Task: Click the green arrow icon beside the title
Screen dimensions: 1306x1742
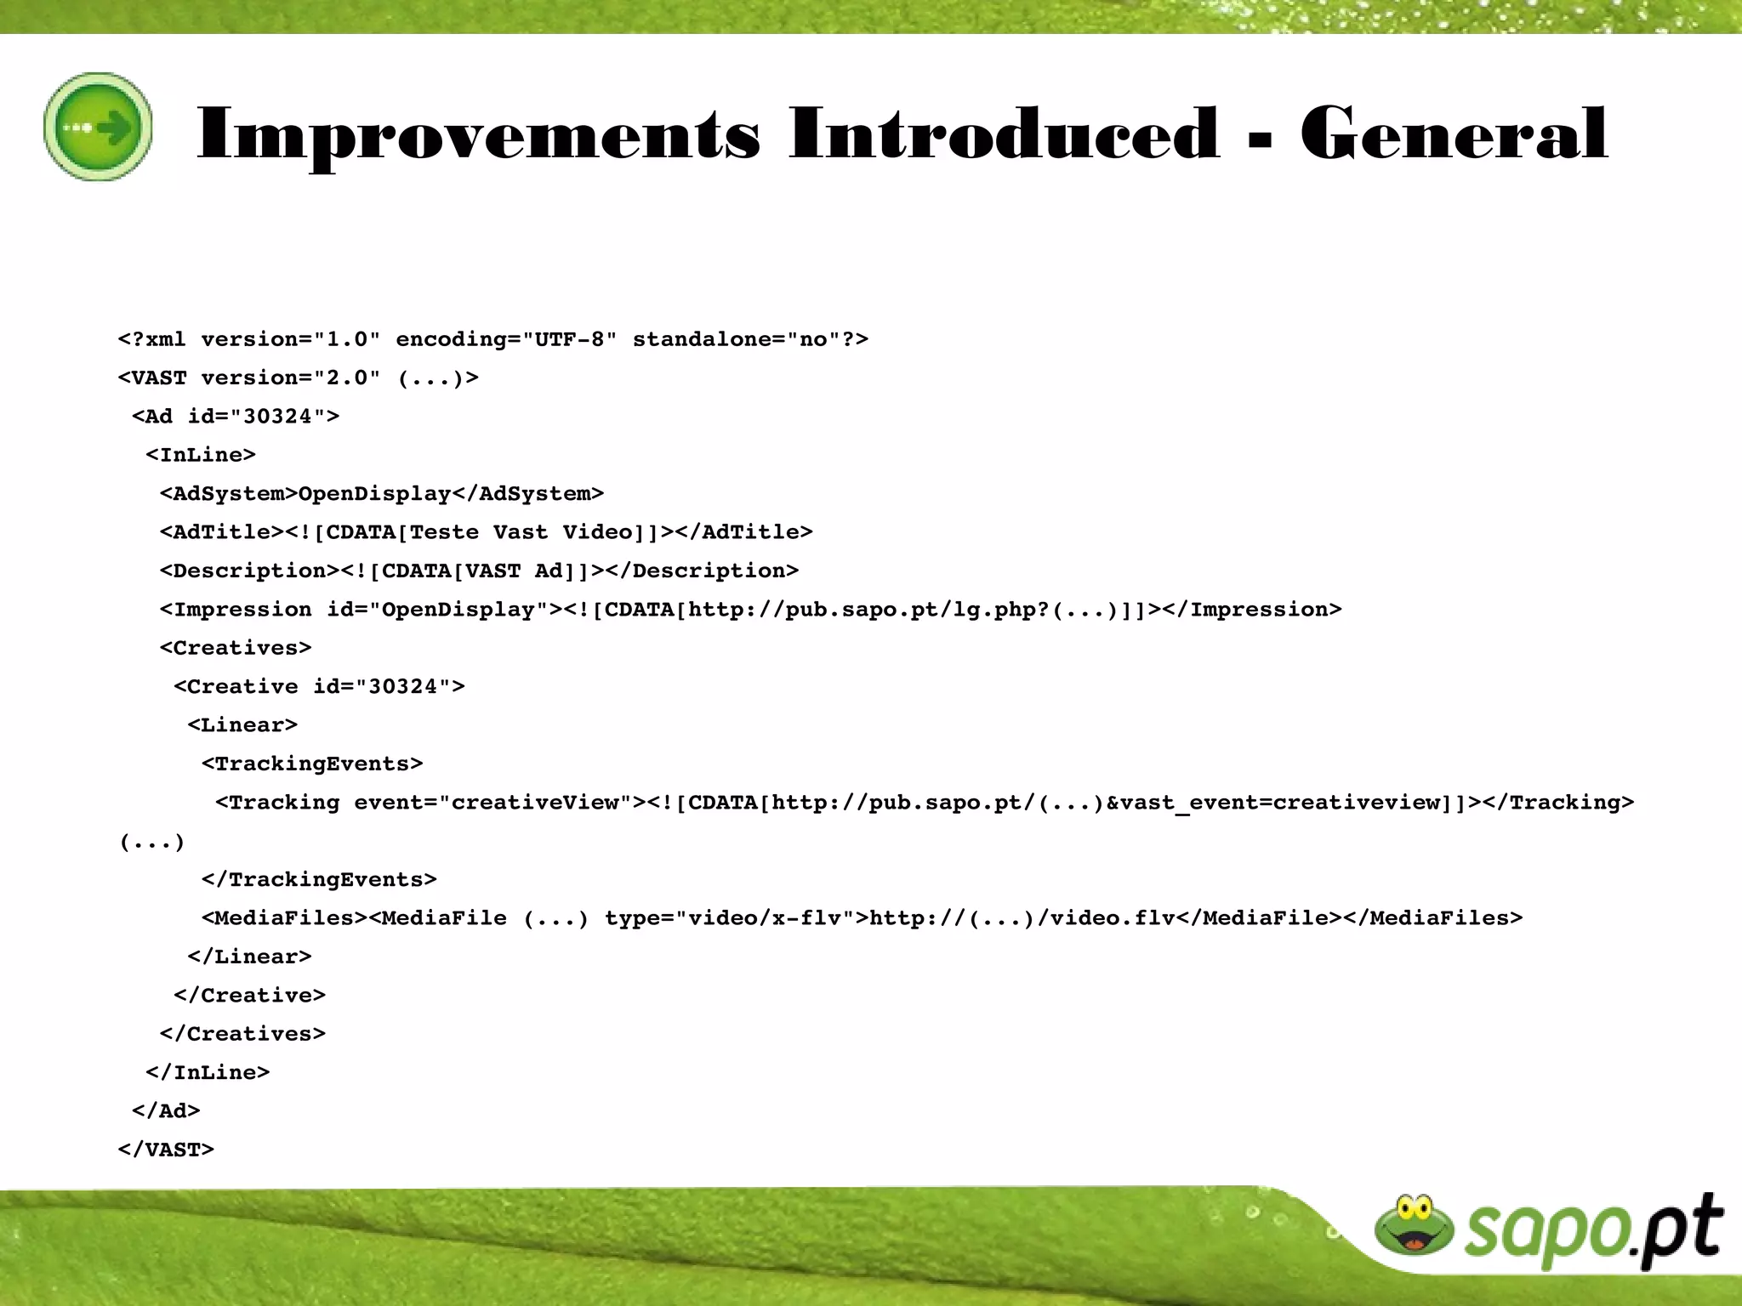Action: point(99,127)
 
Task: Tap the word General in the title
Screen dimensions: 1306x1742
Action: point(1454,134)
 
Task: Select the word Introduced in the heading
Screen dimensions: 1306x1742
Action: point(1004,134)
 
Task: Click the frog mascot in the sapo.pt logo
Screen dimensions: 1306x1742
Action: point(1414,1225)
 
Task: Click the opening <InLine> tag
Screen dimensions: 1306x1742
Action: point(201,455)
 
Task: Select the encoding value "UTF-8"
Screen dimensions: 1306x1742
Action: point(569,339)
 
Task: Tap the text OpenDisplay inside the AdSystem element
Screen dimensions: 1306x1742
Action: point(374,494)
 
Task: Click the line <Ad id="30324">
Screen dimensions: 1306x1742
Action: point(236,417)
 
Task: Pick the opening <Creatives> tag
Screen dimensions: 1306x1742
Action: point(236,648)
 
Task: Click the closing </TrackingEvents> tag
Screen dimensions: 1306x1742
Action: point(319,879)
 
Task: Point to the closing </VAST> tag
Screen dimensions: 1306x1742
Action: point(166,1150)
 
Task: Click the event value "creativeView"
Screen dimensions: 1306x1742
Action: point(535,803)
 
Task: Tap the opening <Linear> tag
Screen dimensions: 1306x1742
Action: point(242,725)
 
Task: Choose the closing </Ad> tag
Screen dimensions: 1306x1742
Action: point(166,1111)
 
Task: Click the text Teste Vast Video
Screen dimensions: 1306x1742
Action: point(521,532)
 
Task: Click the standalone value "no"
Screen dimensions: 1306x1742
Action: point(814,339)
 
